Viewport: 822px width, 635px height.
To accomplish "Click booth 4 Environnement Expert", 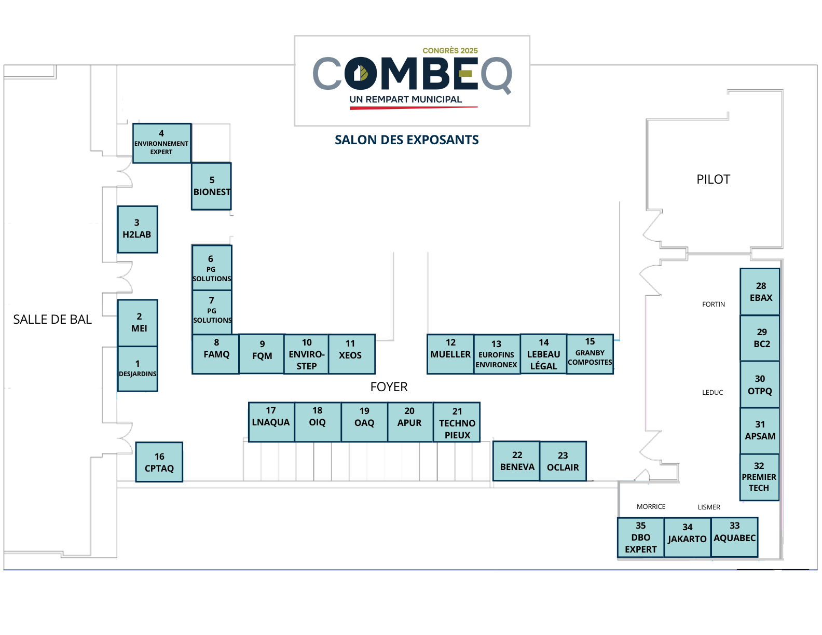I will [161, 143].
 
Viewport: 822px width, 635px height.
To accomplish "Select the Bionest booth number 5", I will [211, 186].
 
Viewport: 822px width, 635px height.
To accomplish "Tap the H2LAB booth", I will [137, 229].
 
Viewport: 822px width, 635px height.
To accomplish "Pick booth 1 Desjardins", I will [138, 369].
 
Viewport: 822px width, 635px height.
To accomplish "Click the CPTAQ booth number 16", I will [159, 462].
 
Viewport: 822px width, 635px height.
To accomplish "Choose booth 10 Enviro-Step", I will [306, 354].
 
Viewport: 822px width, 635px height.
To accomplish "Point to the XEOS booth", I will [351, 354].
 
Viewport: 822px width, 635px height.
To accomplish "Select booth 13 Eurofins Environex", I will [497, 354].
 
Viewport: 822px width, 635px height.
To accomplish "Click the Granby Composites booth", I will [590, 354].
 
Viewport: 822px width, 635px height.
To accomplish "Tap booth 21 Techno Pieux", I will [457, 422].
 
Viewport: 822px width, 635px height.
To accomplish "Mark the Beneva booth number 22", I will [516, 461].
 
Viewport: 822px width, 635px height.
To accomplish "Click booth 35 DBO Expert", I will [640, 537].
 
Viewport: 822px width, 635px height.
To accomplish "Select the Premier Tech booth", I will [759, 477].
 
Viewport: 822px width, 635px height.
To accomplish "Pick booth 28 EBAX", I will [760, 292].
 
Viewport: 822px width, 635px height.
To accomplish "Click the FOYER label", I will [389, 387].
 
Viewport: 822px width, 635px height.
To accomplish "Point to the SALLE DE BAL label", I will [52, 320].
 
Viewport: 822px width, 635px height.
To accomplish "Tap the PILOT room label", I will [713, 180].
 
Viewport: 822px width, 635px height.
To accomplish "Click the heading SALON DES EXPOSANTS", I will [406, 140].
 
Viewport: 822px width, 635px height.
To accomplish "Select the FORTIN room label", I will [714, 305].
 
